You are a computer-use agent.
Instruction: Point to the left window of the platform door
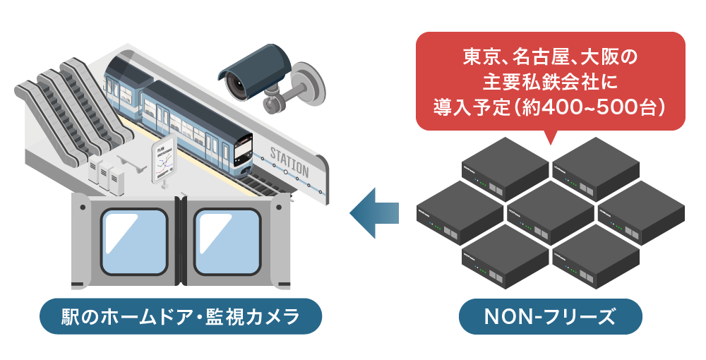click(134, 240)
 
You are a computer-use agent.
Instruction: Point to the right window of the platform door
click(227, 240)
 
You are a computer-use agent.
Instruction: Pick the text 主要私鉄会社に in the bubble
click(551, 82)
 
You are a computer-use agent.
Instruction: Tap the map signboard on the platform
click(164, 158)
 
